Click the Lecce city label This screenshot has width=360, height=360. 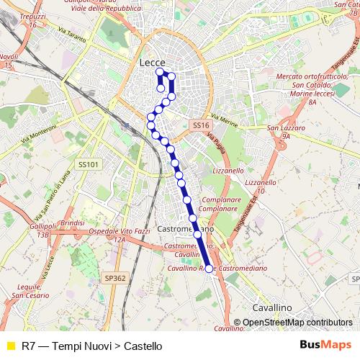click(152, 63)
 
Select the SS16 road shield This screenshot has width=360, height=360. click(201, 125)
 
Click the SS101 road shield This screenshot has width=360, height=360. click(87, 164)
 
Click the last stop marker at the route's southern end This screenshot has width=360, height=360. click(210, 269)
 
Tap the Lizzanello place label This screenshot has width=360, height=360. click(229, 171)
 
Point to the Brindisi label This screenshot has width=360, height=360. click(73, 223)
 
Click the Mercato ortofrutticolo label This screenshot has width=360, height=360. click(312, 76)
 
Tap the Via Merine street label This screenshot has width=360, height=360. click(225, 120)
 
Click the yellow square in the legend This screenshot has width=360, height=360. click(9, 346)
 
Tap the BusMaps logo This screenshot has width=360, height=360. click(322, 345)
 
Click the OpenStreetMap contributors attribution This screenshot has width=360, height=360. click(297, 323)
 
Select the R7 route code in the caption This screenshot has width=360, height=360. click(29, 346)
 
